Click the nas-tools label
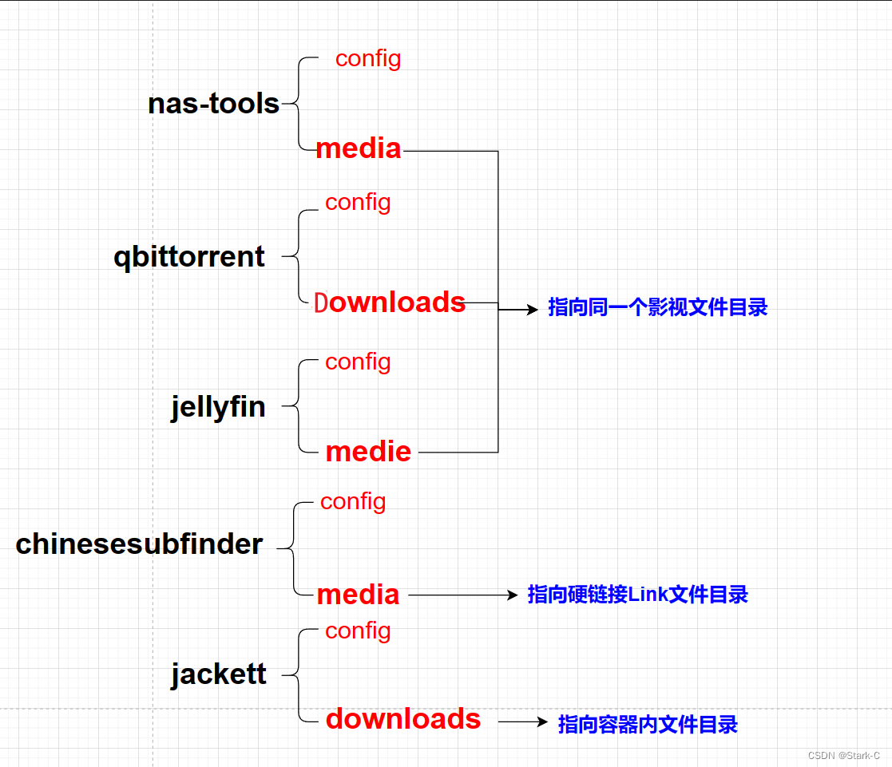click(213, 104)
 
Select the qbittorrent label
click(189, 257)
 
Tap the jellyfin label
click(218, 407)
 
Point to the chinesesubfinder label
click(139, 544)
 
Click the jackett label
click(219, 674)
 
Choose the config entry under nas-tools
click(368, 58)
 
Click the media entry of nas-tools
click(359, 148)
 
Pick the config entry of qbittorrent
click(358, 202)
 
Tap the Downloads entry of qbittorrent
click(390, 302)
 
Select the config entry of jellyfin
click(358, 362)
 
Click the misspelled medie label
click(368, 452)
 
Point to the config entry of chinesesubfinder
click(353, 501)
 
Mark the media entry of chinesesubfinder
click(358, 595)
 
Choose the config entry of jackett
click(358, 631)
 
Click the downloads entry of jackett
click(403, 719)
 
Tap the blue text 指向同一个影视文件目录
click(657, 308)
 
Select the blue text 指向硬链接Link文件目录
click(637, 595)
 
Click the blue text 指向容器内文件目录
click(648, 725)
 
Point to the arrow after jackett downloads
click(523, 722)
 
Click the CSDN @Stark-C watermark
click(843, 755)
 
